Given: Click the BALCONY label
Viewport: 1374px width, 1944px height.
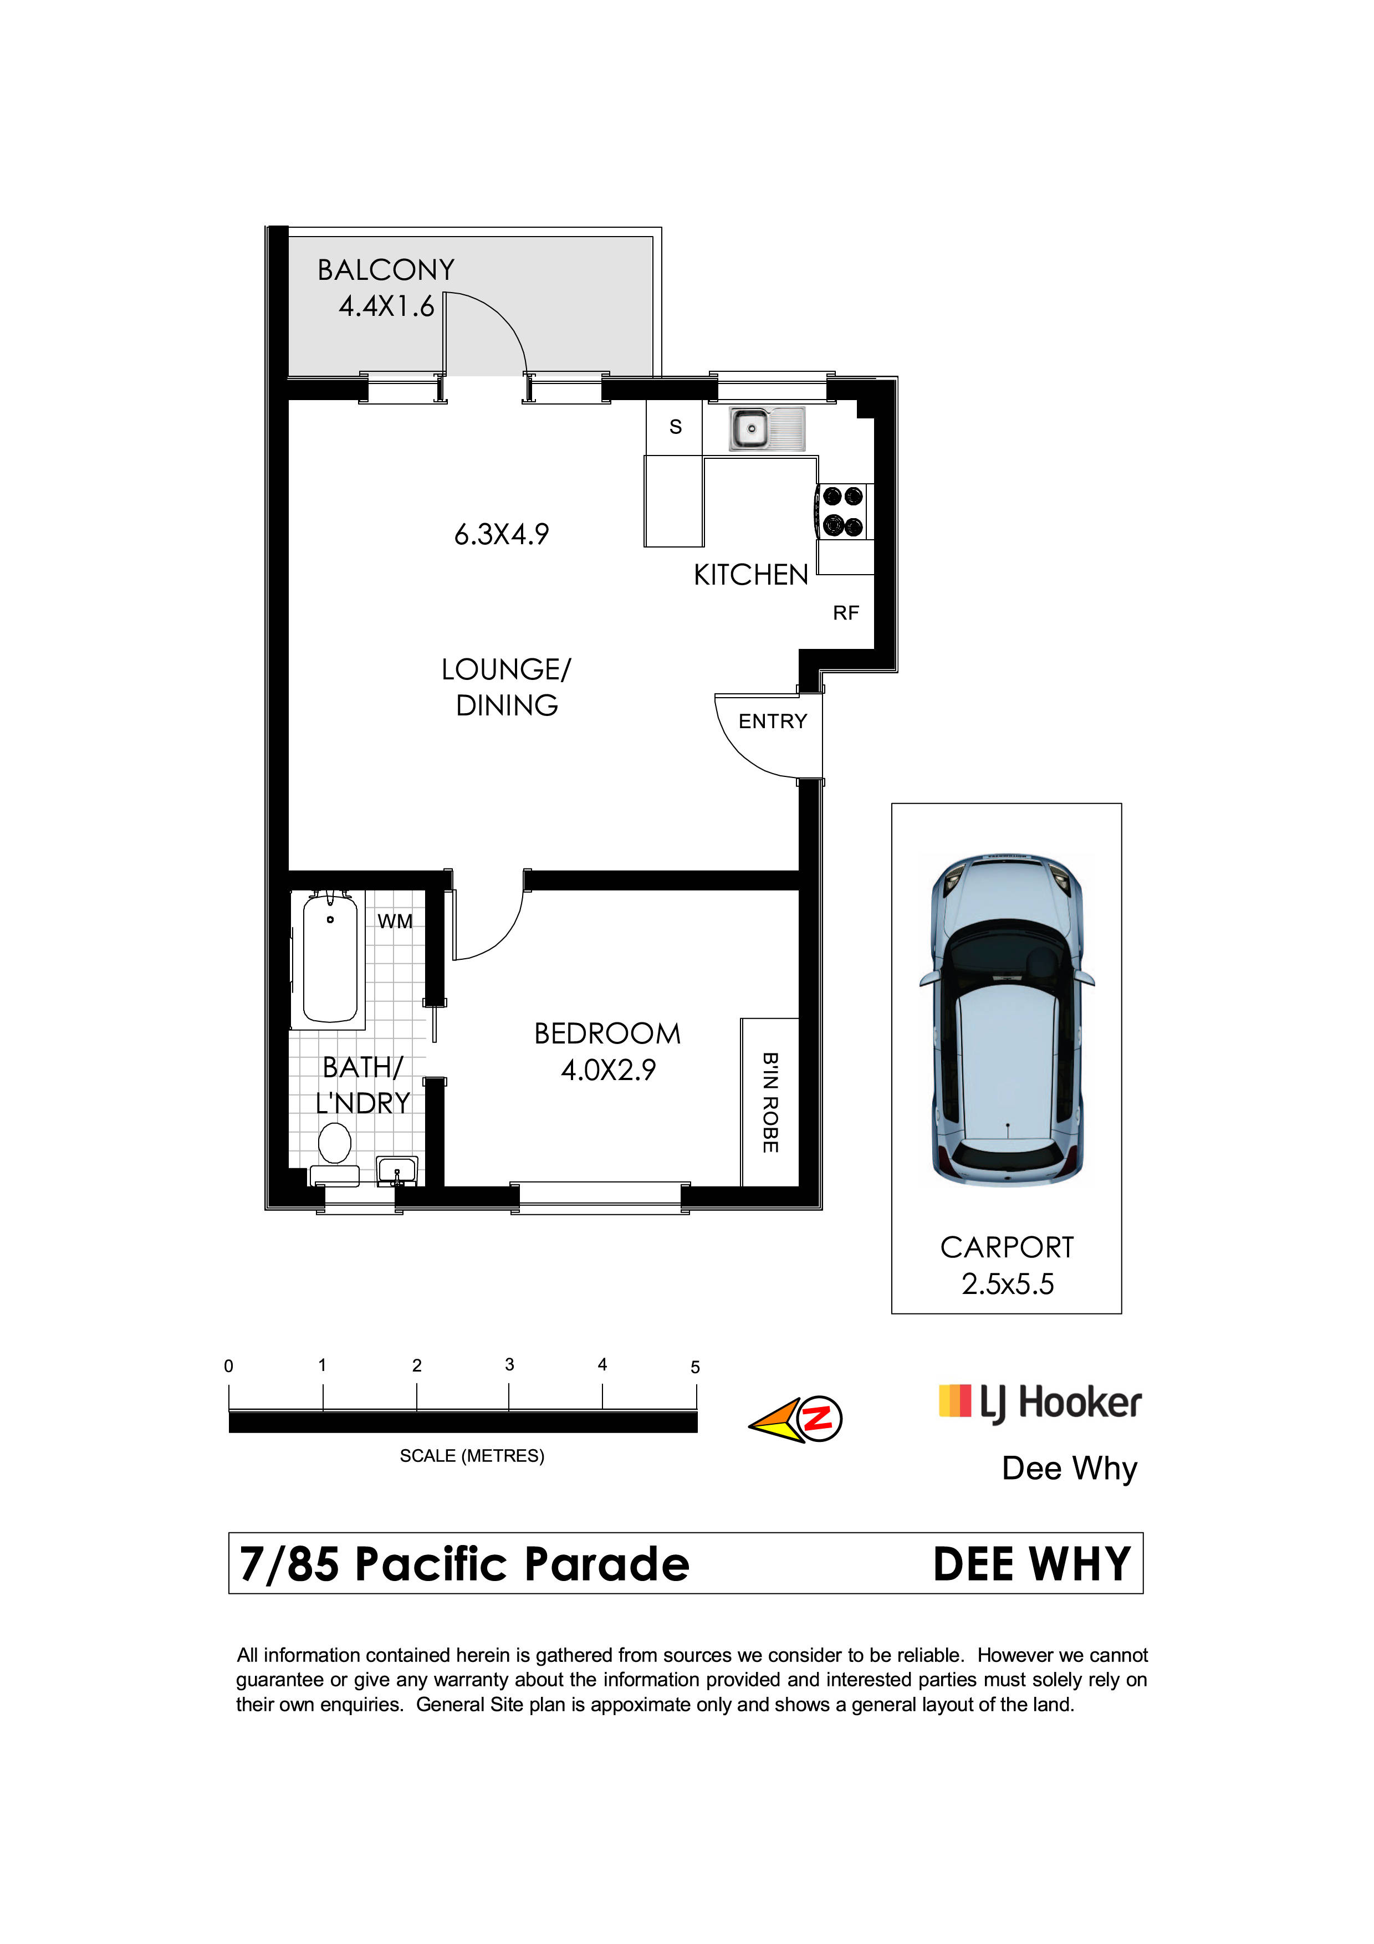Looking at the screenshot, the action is click(x=386, y=270).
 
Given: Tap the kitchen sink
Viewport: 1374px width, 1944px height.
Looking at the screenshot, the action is click(x=767, y=428).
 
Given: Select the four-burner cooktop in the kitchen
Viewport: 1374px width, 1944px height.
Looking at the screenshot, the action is click(x=843, y=510).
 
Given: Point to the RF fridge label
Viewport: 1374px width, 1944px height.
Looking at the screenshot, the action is click(x=846, y=612).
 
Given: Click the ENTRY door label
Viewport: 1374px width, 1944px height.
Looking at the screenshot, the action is click(x=773, y=722).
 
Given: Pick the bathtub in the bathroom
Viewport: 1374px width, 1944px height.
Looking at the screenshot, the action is click(x=330, y=958).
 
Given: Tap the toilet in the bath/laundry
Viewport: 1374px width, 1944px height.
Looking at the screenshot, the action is click(x=334, y=1152).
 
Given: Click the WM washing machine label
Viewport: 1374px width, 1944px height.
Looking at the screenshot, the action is click(x=395, y=921).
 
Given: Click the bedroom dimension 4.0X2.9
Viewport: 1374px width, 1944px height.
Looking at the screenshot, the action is click(x=609, y=1070).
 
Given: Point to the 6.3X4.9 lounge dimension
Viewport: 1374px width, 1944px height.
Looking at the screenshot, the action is click(x=502, y=534).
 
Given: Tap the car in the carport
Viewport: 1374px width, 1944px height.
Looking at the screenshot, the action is click(x=1008, y=1020).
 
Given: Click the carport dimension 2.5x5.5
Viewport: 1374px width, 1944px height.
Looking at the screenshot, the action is click(x=1008, y=1285).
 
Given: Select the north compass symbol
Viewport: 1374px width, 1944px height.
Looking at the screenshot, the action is click(x=796, y=1420).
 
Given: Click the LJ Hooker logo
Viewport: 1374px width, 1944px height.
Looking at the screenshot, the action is click(x=1040, y=1403).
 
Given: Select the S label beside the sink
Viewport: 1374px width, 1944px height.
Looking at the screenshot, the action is click(x=676, y=427).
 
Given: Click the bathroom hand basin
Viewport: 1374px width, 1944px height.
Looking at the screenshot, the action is click(x=397, y=1171).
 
